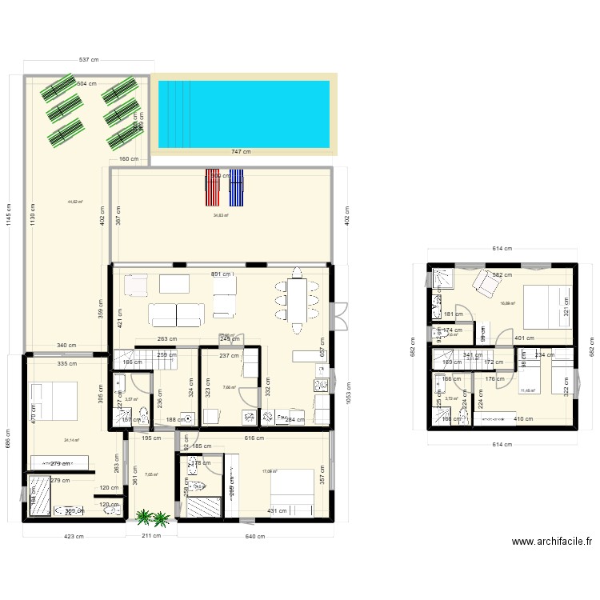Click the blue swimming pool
click(244, 114)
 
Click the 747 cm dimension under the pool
click(240, 152)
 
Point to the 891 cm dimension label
click(222, 274)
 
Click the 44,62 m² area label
click(76, 202)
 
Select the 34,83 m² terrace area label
click(221, 215)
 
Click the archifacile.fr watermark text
click(551, 541)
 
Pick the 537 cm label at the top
click(88, 60)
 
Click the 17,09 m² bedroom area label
click(269, 471)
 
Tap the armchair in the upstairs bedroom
click(485, 282)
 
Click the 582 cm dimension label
click(502, 275)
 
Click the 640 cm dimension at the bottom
click(254, 536)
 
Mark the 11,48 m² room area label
click(527, 391)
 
